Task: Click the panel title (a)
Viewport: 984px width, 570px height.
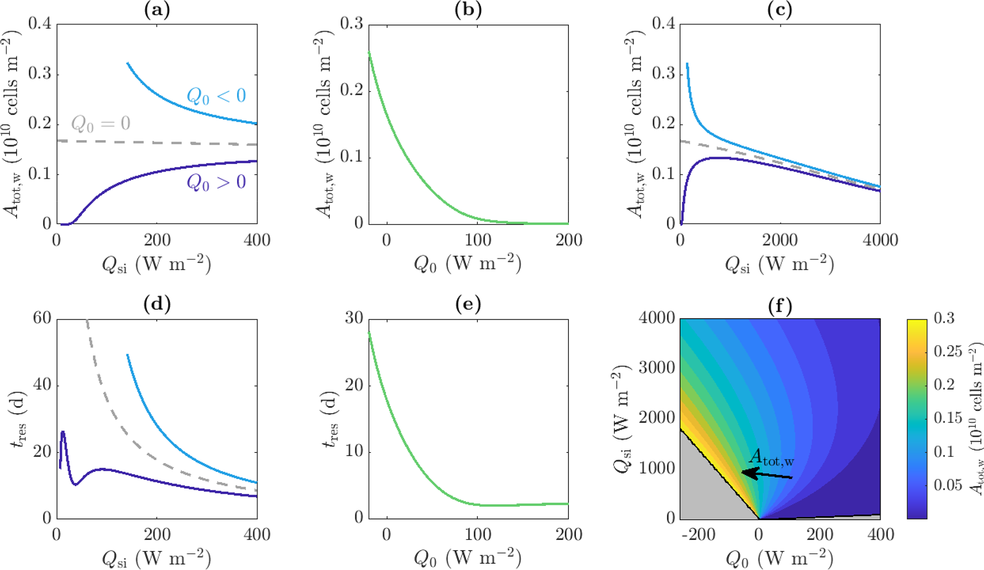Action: coord(157,10)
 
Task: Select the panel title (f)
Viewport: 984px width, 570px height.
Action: coord(780,305)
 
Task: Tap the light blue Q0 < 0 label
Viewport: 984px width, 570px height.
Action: coord(216,96)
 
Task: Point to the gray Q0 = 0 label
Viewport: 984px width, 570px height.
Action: coord(100,124)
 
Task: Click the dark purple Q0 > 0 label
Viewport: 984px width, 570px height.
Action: coord(216,182)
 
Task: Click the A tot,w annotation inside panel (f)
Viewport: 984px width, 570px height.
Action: coord(771,457)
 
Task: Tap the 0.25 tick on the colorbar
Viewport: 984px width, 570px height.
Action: coord(947,351)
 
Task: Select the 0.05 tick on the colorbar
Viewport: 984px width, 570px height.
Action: coord(947,485)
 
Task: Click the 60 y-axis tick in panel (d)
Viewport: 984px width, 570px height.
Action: coord(42,318)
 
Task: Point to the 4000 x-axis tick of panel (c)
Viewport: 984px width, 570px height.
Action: coord(880,239)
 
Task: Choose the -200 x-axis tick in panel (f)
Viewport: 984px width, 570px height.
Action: coord(698,534)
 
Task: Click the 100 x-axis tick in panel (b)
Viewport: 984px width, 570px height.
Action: coord(477,239)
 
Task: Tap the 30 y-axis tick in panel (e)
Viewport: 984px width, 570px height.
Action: coord(354,318)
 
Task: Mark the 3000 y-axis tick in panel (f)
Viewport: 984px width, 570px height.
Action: coord(656,368)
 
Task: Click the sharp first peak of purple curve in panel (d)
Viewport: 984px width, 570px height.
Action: coord(63,432)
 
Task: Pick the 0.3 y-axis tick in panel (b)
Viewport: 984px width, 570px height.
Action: coord(351,24)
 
